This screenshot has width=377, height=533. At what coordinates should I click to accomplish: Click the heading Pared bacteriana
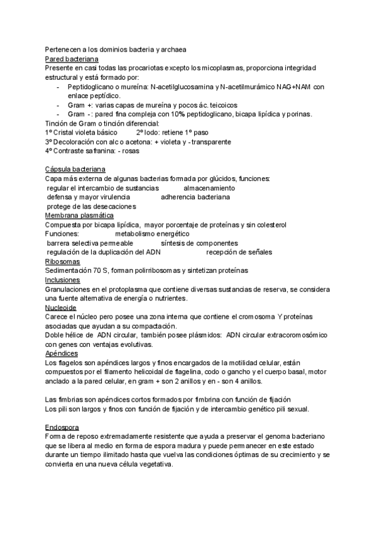pos(71,58)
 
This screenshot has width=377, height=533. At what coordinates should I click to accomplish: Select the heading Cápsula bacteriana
pos(75,170)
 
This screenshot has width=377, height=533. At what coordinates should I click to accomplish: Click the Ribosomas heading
pos(63,261)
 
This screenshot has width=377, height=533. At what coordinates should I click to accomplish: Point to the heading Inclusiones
pos(63,280)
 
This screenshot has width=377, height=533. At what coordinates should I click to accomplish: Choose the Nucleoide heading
pos(62,307)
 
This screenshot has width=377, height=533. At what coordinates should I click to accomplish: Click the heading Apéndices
pos(62,353)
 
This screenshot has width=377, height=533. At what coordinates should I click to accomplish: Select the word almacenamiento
pos(209,188)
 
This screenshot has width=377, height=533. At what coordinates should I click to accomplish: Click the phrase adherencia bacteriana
pos(195,197)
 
